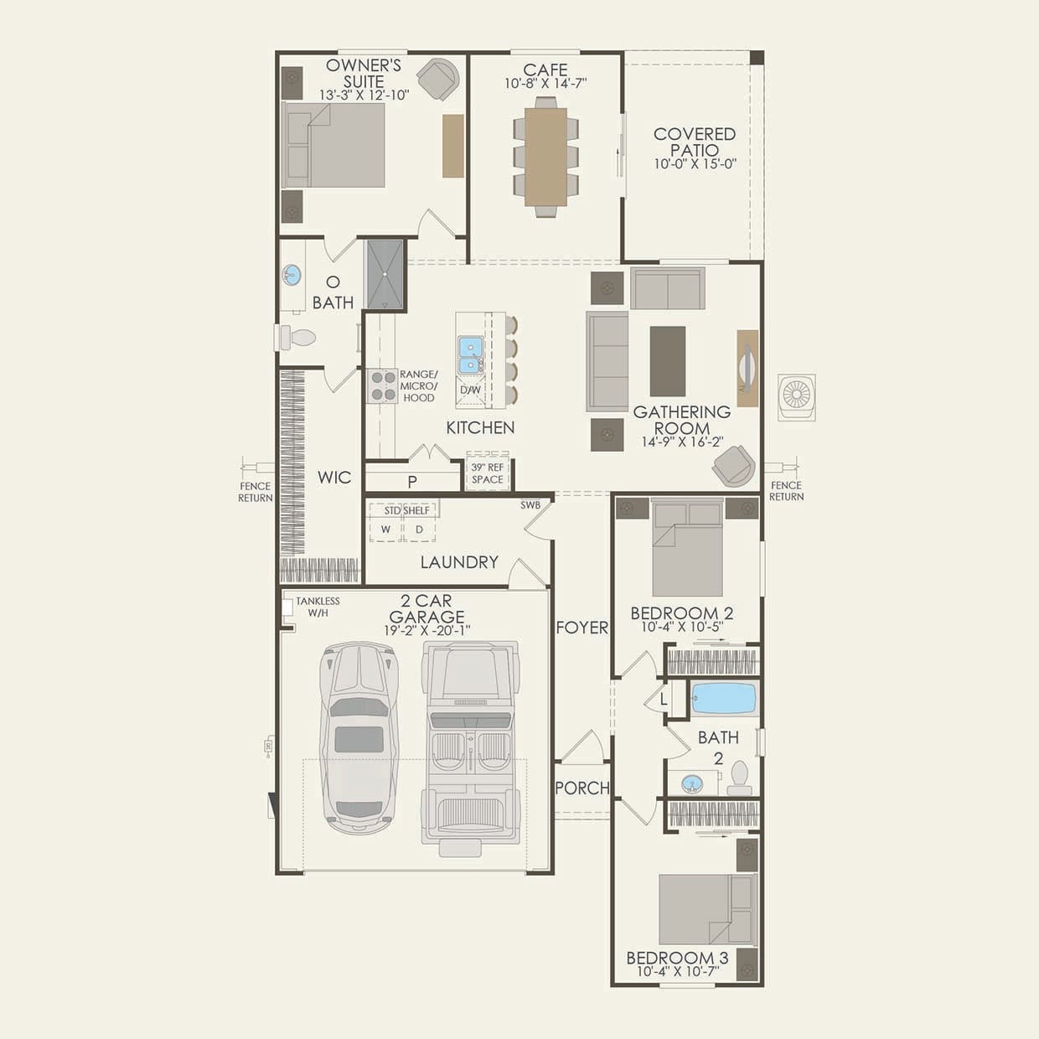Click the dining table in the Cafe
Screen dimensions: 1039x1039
click(545, 157)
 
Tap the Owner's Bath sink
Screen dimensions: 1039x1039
click(292, 276)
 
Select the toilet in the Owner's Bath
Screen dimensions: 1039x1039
click(297, 338)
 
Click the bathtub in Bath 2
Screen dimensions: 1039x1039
click(724, 698)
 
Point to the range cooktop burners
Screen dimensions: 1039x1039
click(383, 386)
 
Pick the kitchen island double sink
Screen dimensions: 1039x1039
click(471, 354)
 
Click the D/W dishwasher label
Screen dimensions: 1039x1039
click(470, 390)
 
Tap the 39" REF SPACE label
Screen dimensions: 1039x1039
click(488, 473)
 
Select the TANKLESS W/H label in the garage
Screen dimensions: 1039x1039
click(318, 607)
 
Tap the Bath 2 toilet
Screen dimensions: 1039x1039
click(739, 778)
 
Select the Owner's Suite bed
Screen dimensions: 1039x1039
click(333, 145)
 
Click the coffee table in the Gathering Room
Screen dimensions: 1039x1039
click(668, 361)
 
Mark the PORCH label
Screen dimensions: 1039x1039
click(582, 788)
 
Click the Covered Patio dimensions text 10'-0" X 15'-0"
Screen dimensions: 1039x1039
click(695, 164)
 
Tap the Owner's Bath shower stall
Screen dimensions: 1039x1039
click(385, 275)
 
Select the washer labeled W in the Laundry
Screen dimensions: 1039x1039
click(385, 529)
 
